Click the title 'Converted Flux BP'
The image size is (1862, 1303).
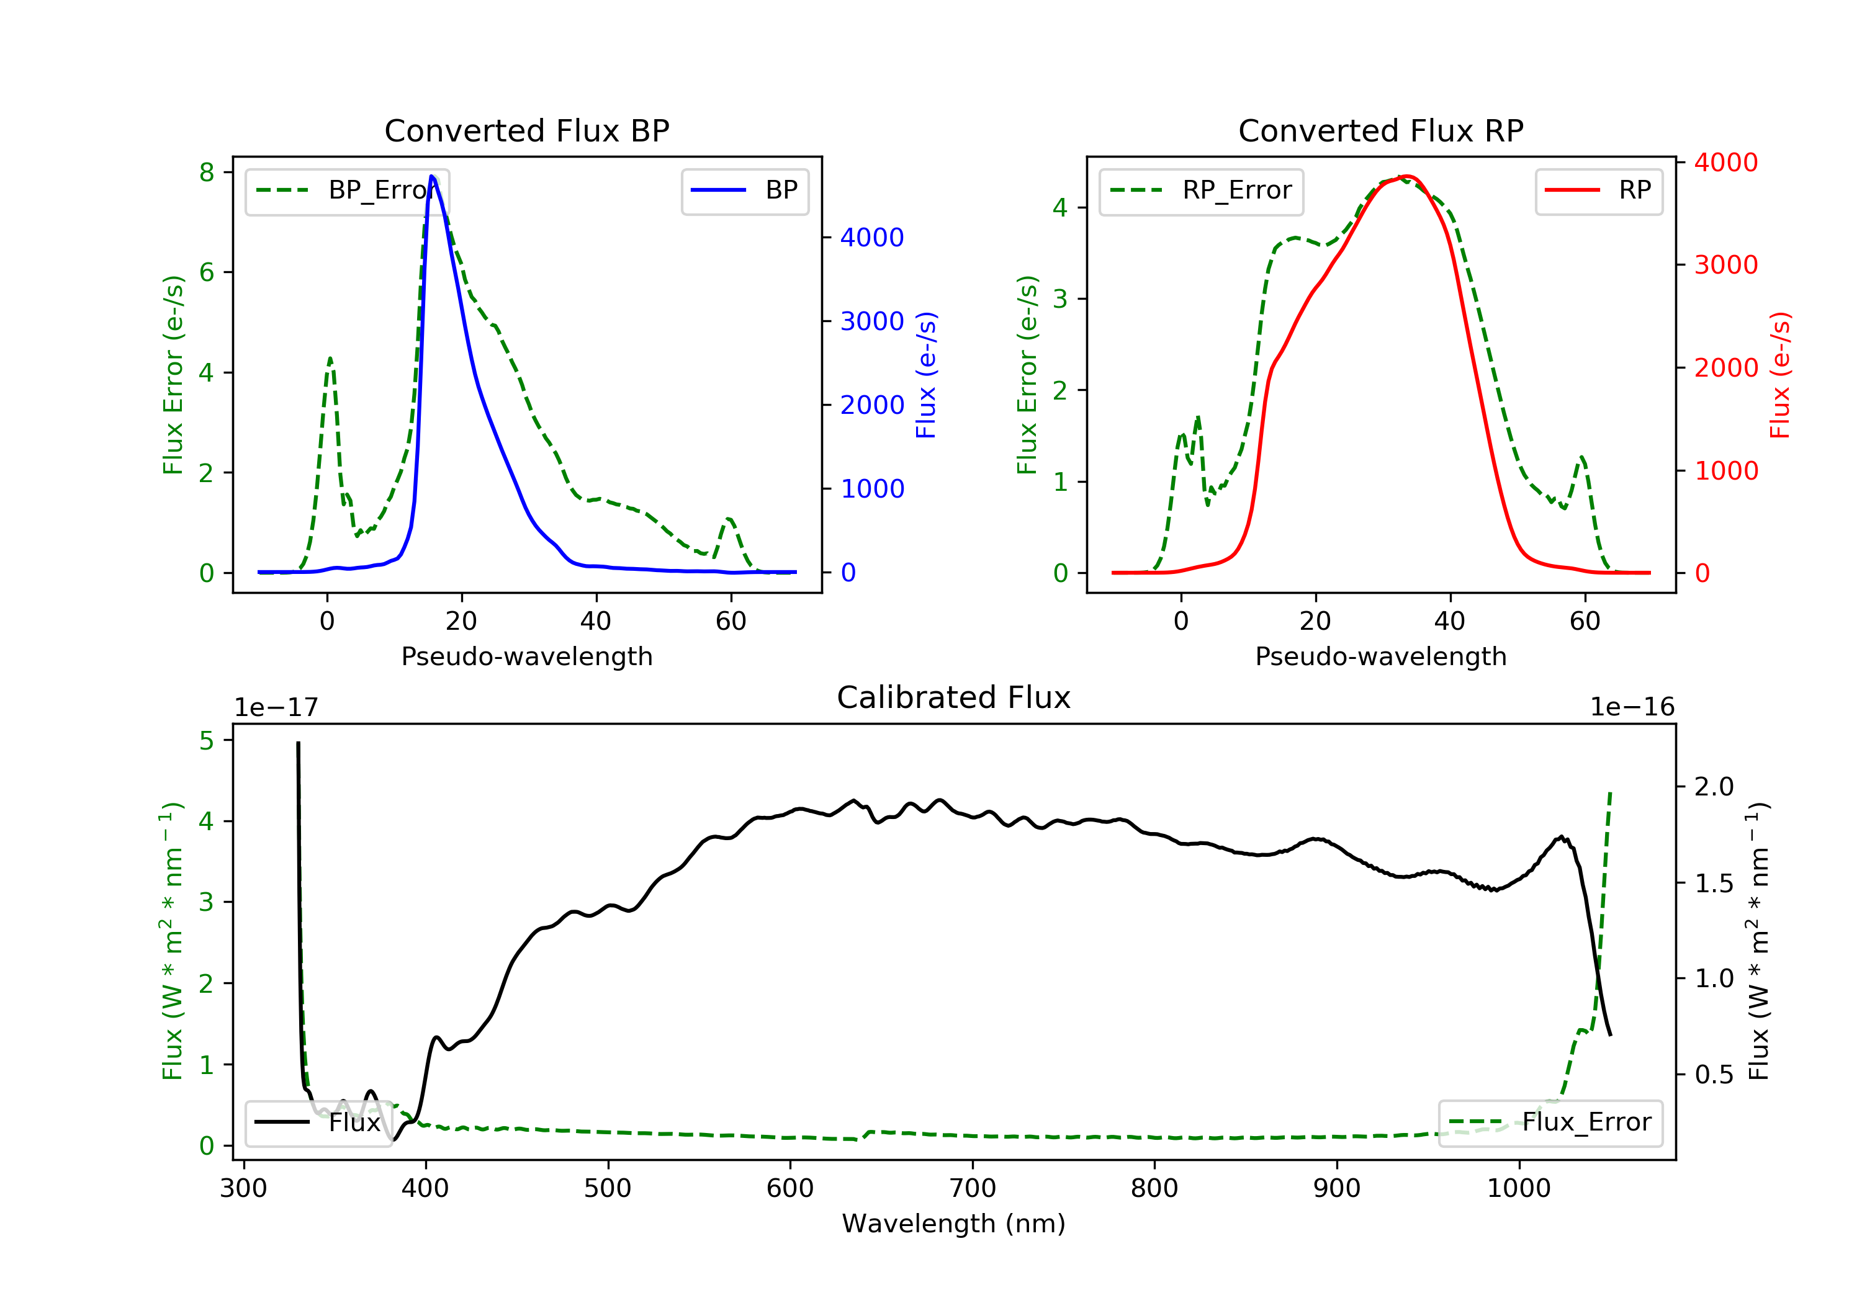click(x=526, y=130)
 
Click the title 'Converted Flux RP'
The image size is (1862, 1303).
click(x=1380, y=130)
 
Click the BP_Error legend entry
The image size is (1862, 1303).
click(x=346, y=190)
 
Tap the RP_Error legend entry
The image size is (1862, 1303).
click(x=1201, y=190)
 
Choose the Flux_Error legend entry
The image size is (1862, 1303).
click(x=1550, y=1122)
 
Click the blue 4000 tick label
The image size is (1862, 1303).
click(x=872, y=238)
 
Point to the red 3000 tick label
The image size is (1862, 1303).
click(x=1725, y=265)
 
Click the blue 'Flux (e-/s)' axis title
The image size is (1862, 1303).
click(x=926, y=375)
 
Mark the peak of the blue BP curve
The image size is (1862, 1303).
click(x=432, y=176)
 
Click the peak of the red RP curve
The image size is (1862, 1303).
click(x=1407, y=176)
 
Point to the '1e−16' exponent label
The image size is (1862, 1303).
click(x=1632, y=707)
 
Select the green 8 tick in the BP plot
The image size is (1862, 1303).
click(x=207, y=172)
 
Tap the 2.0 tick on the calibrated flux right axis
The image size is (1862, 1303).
click(x=1714, y=787)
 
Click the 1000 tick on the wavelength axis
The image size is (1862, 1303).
click(x=1518, y=1189)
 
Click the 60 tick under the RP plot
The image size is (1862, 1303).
click(x=1585, y=621)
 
